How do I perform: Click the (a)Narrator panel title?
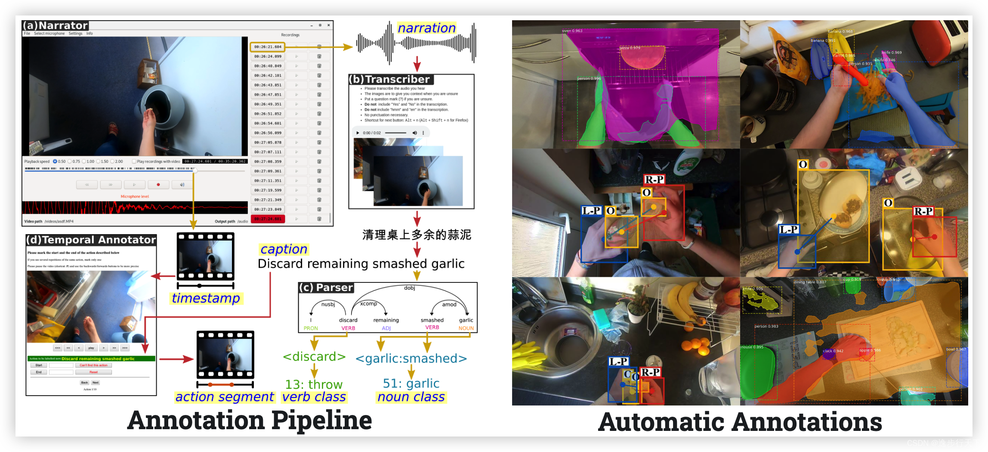[56, 25]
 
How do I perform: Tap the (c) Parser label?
[326, 288]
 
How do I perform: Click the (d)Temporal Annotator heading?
[91, 240]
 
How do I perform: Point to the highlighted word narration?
[426, 28]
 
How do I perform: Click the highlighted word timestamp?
[206, 298]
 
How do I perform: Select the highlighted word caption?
[284, 249]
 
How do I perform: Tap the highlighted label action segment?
[224, 396]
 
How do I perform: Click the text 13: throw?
[314, 384]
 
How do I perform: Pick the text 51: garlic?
[411, 383]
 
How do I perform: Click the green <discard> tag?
[314, 357]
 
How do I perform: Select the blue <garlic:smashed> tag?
[411, 358]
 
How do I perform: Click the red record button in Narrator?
[158, 185]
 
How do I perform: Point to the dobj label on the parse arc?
[409, 288]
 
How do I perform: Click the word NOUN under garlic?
[466, 328]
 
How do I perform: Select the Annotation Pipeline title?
[250, 420]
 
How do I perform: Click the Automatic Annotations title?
[740, 422]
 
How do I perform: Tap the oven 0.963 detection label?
[572, 31]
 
